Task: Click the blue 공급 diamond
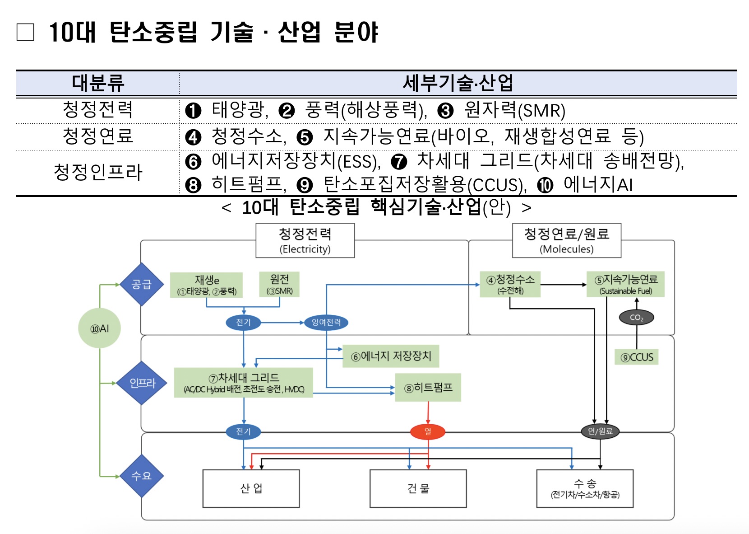[x=142, y=284]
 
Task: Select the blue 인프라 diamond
[x=142, y=383]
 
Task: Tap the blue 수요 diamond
[x=142, y=476]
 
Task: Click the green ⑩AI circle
[x=100, y=328]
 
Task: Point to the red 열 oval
[x=428, y=431]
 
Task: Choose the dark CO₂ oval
[x=636, y=317]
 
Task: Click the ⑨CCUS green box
[x=637, y=357]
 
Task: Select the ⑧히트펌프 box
[x=428, y=388]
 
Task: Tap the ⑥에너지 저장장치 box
[x=391, y=356]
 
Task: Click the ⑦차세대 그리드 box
[x=243, y=383]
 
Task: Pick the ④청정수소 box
[x=510, y=284]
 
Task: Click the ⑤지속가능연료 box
[x=625, y=284]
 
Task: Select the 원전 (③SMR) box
[x=279, y=284]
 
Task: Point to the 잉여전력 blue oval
[x=326, y=322]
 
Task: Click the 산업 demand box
[x=251, y=488]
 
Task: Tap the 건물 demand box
[x=418, y=488]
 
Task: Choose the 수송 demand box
[x=585, y=488]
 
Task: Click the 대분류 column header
[x=98, y=83]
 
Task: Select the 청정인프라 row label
[x=98, y=172]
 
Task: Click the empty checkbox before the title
[x=25, y=32]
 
